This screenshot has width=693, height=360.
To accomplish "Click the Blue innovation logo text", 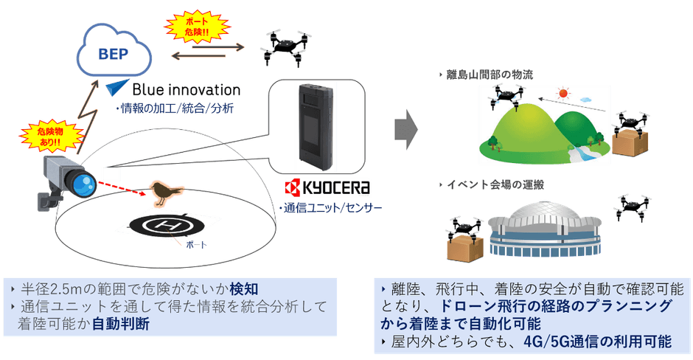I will (x=186, y=89).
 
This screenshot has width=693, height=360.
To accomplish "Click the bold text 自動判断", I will (x=119, y=323).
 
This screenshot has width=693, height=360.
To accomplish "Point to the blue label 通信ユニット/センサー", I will (x=332, y=209).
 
